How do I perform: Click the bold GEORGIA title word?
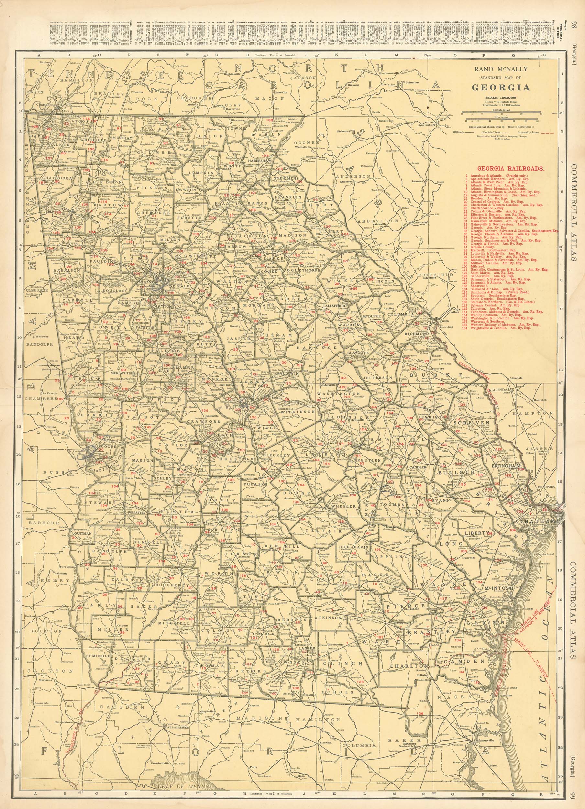pos(501,87)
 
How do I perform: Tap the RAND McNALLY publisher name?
pos(501,70)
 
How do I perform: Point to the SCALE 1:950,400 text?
pos(501,97)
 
